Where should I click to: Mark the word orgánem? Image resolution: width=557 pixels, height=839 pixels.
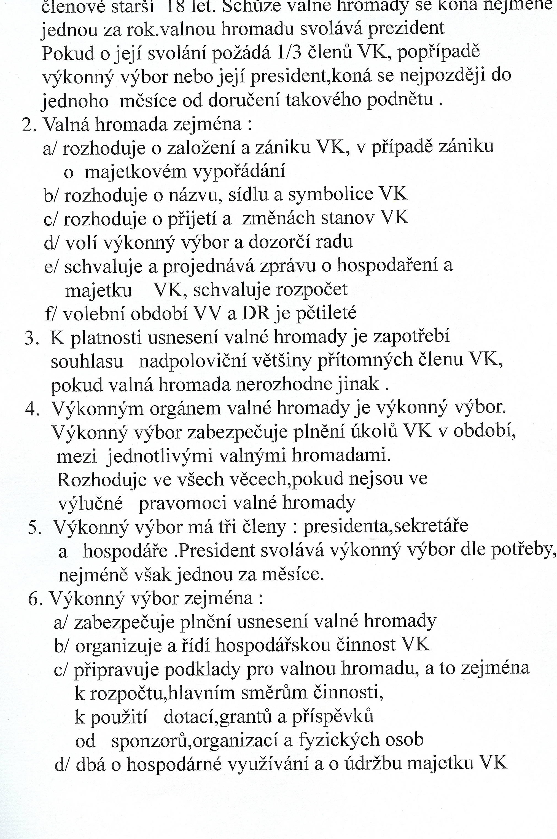[x=185, y=409]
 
